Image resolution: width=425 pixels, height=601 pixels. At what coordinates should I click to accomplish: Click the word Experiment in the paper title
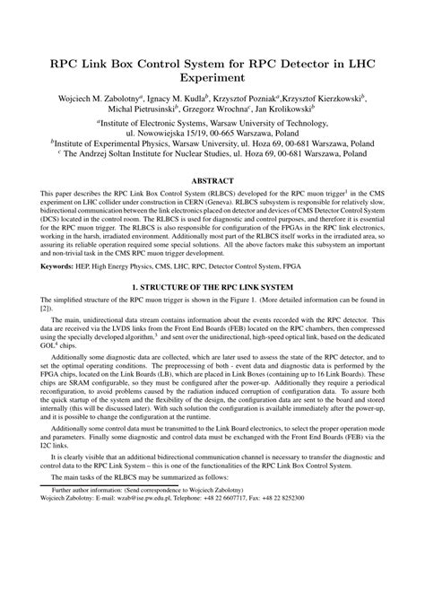click(x=212, y=78)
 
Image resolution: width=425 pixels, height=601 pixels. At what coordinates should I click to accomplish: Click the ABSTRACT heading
click(x=212, y=180)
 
